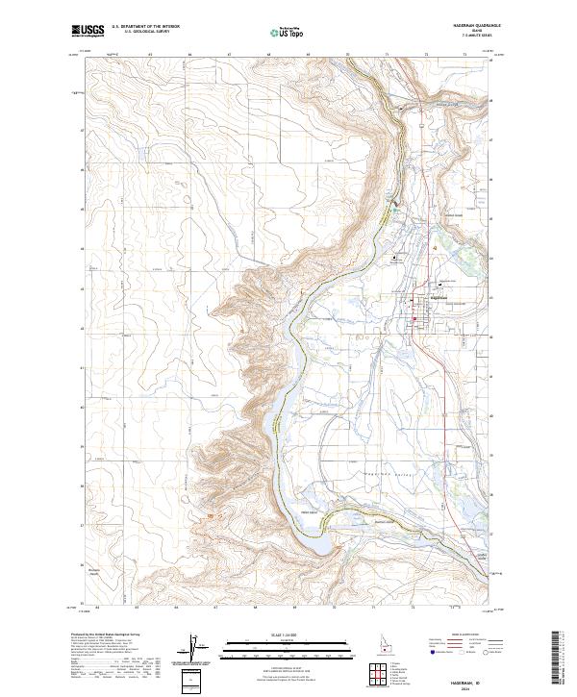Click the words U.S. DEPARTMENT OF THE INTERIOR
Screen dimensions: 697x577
[x=145, y=27]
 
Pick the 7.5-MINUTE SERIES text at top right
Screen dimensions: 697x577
[x=477, y=37]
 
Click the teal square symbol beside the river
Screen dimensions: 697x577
[x=392, y=203]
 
